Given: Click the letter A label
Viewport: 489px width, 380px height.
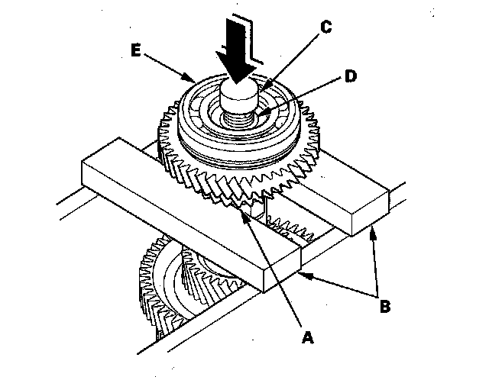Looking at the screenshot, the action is (307, 337).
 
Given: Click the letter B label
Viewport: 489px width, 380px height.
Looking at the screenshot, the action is (385, 306).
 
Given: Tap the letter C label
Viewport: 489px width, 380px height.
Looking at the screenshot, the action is (326, 27).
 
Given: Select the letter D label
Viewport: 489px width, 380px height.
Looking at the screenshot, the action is (351, 76).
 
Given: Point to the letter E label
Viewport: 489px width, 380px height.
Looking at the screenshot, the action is (136, 50).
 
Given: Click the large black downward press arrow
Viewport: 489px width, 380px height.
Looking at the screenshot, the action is (236, 51).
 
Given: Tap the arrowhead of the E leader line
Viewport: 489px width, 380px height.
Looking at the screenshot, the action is (189, 77).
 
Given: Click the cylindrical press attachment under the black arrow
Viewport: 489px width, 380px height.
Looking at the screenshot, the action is (239, 93).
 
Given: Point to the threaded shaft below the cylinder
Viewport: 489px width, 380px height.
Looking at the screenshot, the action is (239, 118).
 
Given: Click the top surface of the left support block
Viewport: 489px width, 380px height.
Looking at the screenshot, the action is (191, 202).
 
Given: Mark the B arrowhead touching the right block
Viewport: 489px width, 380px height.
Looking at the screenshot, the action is (372, 234).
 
